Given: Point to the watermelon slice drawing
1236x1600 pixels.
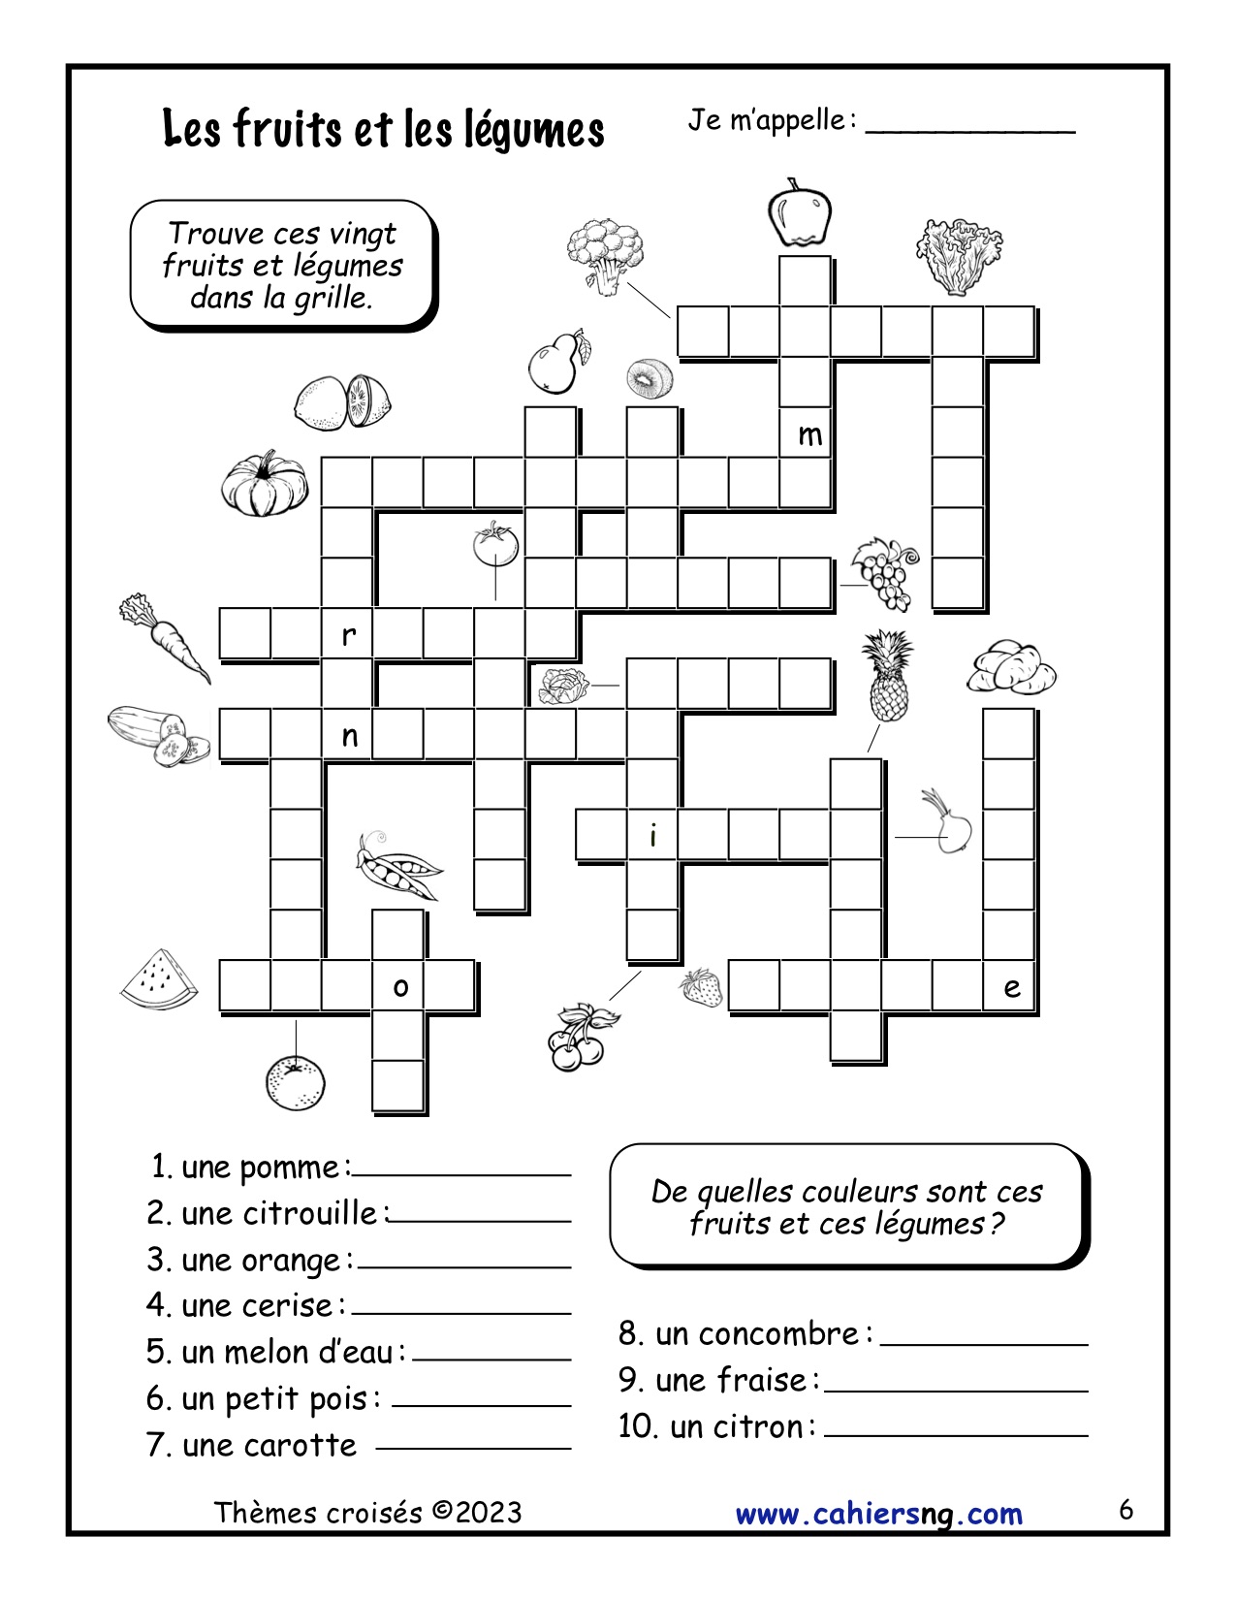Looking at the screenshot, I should coord(159,979).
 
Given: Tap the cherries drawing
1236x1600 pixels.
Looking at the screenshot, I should coord(579,1038).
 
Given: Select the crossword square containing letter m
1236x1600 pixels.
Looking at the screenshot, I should coord(807,434).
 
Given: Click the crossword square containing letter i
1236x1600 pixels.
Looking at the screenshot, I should coord(652,835).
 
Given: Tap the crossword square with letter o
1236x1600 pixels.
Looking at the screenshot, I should coord(398,987).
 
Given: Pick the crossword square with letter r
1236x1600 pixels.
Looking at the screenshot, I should coord(347,635).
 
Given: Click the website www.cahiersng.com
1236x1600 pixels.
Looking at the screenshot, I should coord(878,1513).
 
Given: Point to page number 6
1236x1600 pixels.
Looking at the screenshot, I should coord(1125,1510).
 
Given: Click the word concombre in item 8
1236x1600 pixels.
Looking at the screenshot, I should coord(757,1334).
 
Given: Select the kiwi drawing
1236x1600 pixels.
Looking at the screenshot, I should coord(648,378).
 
